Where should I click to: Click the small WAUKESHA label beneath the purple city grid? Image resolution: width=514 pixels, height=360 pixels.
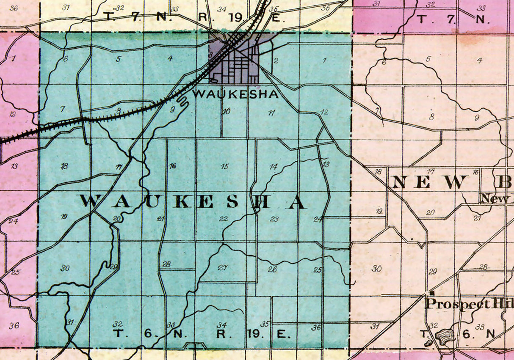tap(235, 94)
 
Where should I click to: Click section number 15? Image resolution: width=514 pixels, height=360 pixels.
tap(225, 166)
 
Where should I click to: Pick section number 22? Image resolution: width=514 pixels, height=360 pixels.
tap(224, 219)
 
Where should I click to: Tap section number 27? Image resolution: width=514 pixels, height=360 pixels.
tap(223, 267)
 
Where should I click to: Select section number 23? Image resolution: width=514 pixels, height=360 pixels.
tap(274, 219)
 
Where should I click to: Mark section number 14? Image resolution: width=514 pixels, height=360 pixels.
tap(273, 167)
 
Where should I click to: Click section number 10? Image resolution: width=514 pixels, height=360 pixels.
tap(226, 112)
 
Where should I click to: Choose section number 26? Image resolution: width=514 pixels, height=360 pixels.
tap(273, 269)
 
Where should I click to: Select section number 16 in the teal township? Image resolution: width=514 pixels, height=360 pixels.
tap(172, 166)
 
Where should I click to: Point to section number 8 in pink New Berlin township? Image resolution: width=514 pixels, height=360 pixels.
tap(431, 117)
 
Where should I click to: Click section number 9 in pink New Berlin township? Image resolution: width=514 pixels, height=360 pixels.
tap(476, 118)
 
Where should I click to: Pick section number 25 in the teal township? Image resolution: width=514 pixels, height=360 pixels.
tap(318, 270)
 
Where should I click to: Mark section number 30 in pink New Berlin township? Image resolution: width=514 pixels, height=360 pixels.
tap(376, 268)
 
